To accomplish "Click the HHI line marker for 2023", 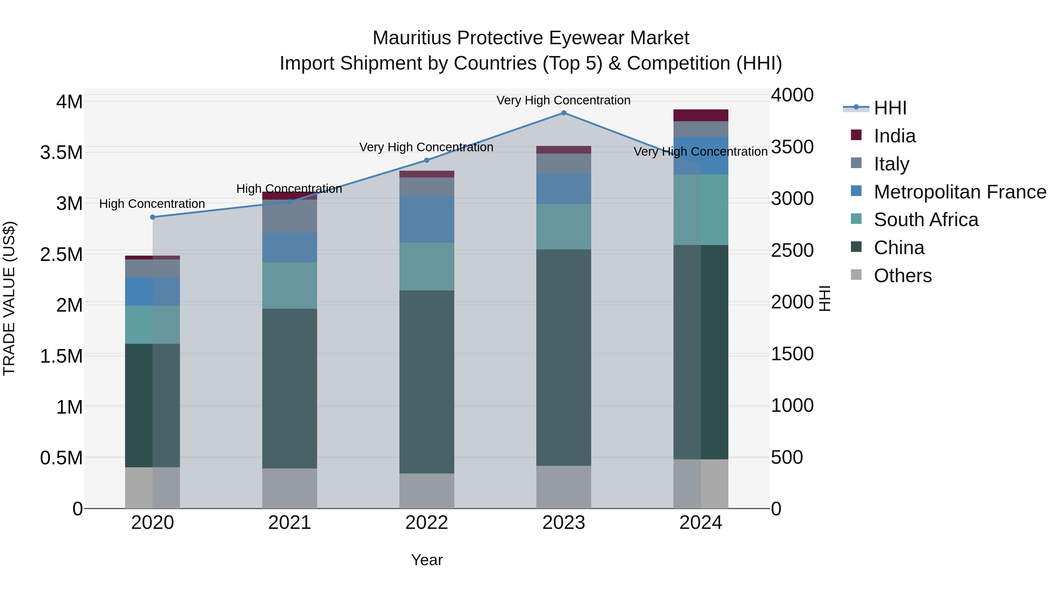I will coord(563,113).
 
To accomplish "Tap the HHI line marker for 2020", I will coord(153,217).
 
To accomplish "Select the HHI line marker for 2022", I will coord(427,160).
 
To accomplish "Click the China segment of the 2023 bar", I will coord(563,357).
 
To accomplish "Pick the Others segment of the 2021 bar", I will coord(289,488).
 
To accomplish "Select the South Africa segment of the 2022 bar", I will coord(427,266).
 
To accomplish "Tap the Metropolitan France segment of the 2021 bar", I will coord(289,248).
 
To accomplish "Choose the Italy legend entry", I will coord(891,164).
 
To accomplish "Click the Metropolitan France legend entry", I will coord(959,192).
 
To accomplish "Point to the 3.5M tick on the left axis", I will coord(61,152).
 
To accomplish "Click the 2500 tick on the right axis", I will coord(792,251).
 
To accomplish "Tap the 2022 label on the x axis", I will coord(427,523).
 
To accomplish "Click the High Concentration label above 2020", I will coord(152,204).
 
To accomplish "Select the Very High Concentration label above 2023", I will coord(563,101).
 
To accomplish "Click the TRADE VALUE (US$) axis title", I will coord(9,298).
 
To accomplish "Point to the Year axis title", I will coord(427,560).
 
